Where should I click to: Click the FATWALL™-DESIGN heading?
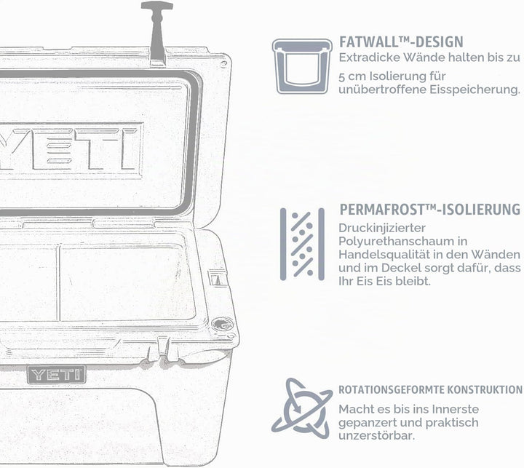pos(401,42)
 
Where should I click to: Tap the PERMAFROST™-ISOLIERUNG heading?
pos(430,210)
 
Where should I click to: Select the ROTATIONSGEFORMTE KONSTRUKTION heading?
pos(430,390)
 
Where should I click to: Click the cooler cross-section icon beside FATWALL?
pos(302,66)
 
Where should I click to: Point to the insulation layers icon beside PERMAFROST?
pos(302,244)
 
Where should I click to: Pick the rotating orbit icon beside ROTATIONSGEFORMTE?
pos(302,408)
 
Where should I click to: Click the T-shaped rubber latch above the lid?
pos(157,33)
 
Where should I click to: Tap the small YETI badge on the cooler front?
pos(57,374)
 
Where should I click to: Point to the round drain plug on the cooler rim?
pos(222,324)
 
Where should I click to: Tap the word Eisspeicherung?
pos(475,90)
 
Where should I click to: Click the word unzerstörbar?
pos(377,436)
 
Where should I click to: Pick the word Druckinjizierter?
pos(382,229)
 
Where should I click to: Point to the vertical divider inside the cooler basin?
pos(59,282)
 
